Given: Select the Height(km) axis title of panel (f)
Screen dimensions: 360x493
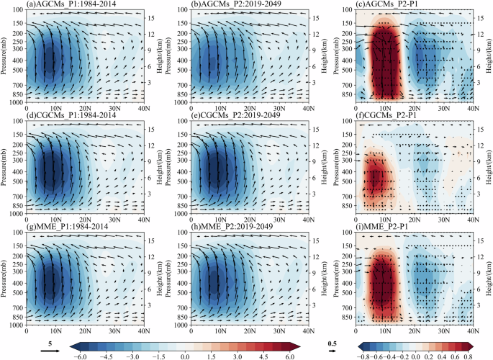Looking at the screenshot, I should click(489, 168).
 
